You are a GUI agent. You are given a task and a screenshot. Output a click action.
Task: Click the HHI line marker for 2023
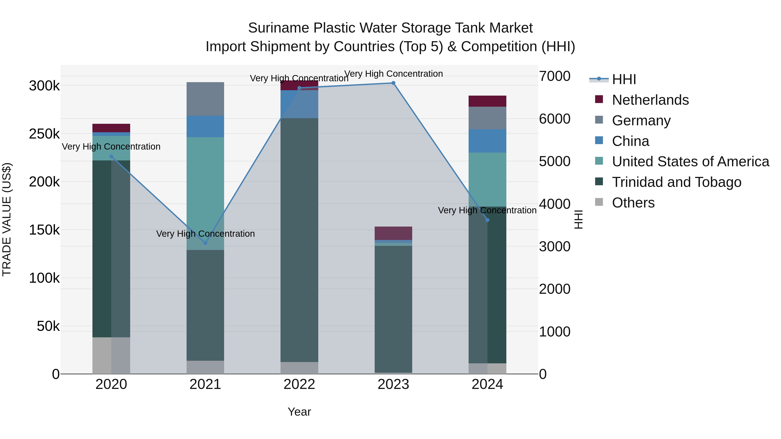393,83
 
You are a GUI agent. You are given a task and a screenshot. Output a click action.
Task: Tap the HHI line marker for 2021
205,243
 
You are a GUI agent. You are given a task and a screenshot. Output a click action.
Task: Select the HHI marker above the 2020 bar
111,157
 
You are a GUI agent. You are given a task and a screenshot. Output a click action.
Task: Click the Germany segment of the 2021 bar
205,99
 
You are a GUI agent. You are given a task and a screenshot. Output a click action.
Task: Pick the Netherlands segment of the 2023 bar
393,233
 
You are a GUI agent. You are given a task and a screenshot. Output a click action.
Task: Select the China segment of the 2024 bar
487,141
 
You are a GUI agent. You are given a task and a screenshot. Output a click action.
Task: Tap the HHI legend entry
624,79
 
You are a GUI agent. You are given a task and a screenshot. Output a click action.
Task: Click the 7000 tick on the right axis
555,76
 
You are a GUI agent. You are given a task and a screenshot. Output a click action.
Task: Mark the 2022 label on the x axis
299,384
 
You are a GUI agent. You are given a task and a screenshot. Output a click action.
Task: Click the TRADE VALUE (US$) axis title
7,219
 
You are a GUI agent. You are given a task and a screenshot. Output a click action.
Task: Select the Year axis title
299,412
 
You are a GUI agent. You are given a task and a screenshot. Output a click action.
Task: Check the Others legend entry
633,203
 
